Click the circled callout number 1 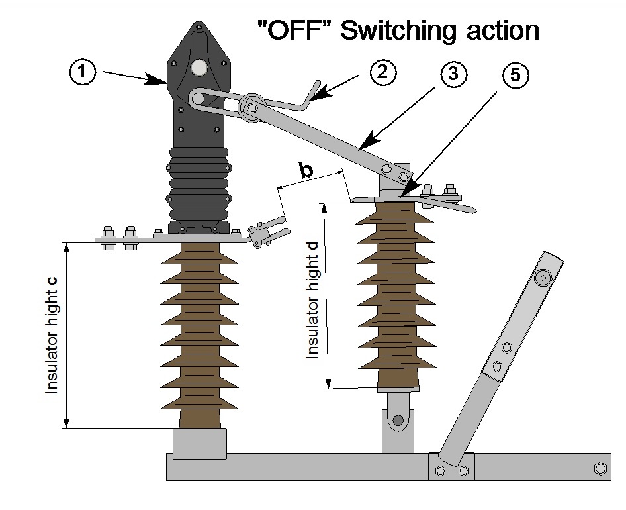click(83, 72)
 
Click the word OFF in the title click(296, 30)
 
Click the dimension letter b click(306, 170)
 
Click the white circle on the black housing click(199, 67)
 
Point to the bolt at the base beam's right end click(600, 468)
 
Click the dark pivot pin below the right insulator click(397, 420)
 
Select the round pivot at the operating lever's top click(544, 277)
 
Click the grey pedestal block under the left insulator click(199, 442)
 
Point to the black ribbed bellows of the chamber click(199, 185)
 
